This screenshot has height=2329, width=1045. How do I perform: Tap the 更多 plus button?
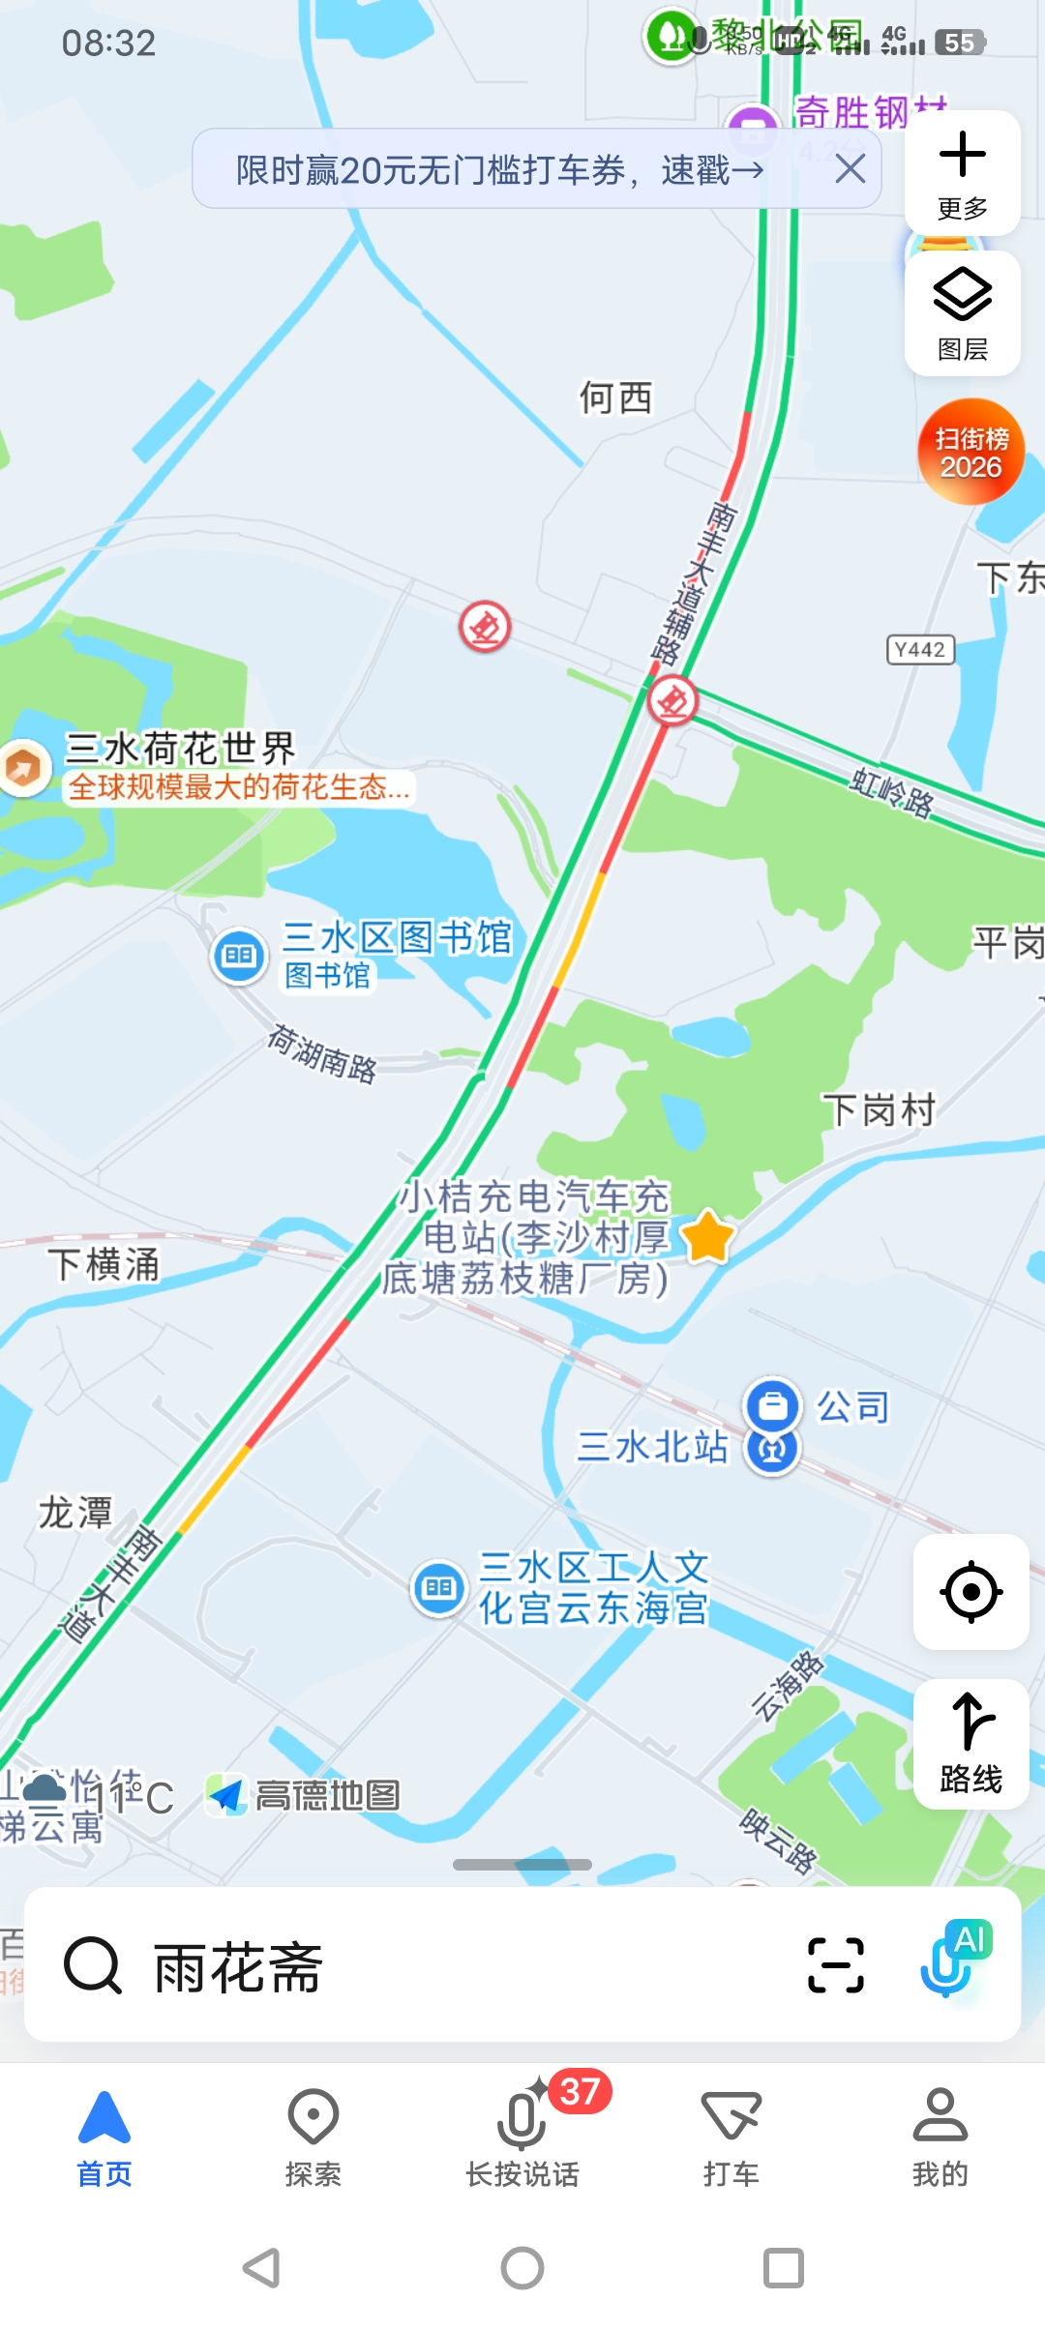tap(962, 172)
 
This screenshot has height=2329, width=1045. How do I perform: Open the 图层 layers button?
tap(962, 312)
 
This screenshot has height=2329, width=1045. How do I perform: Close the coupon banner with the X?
tap(850, 169)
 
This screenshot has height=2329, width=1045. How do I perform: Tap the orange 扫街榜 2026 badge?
tap(970, 452)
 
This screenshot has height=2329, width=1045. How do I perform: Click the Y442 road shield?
tap(920, 650)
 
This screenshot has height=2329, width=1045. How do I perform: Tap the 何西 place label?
tap(615, 398)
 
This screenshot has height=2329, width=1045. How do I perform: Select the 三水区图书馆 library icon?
tap(239, 956)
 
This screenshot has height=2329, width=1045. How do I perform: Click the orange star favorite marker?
tap(707, 1236)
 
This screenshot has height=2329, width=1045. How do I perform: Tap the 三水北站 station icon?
tap(772, 1450)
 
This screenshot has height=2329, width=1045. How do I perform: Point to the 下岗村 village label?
tap(879, 1110)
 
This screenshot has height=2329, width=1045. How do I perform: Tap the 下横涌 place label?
tap(104, 1264)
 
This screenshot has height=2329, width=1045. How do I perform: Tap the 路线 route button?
tap(970, 1743)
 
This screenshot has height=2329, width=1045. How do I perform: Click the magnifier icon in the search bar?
tap(92, 1965)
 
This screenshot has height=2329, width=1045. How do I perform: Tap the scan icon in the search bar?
tap(835, 1965)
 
